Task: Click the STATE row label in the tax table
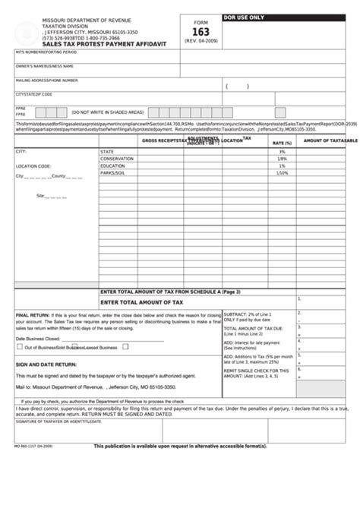point(107,152)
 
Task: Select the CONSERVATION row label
point(115,159)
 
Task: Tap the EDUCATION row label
point(112,166)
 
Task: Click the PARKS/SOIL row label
point(113,172)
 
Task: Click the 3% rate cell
point(282,152)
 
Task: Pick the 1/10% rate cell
point(282,172)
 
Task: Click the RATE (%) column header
point(282,143)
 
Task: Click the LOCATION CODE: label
point(33,166)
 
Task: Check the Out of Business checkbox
point(20,347)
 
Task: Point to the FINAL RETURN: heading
point(33,313)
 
